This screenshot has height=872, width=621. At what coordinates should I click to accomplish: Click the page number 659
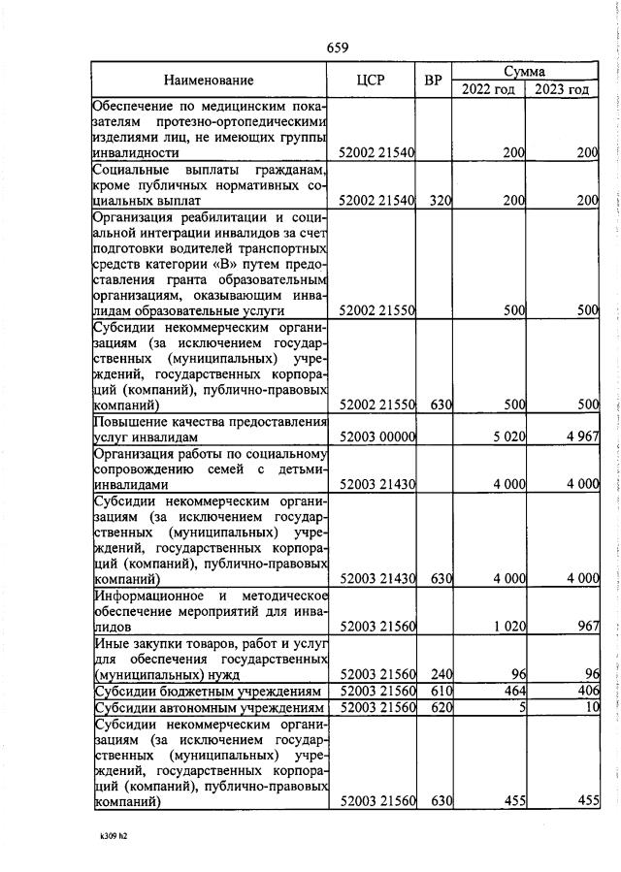(337, 48)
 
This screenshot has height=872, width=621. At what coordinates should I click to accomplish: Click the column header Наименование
(209, 81)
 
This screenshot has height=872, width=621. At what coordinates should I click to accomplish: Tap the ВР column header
(434, 81)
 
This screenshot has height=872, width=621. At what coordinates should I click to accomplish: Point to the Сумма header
(524, 72)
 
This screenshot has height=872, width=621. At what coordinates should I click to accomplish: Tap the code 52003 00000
(377, 437)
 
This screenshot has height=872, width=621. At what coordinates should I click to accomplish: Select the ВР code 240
(441, 674)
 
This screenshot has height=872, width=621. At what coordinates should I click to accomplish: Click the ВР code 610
(441, 691)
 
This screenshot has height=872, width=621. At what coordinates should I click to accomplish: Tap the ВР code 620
(441, 707)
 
